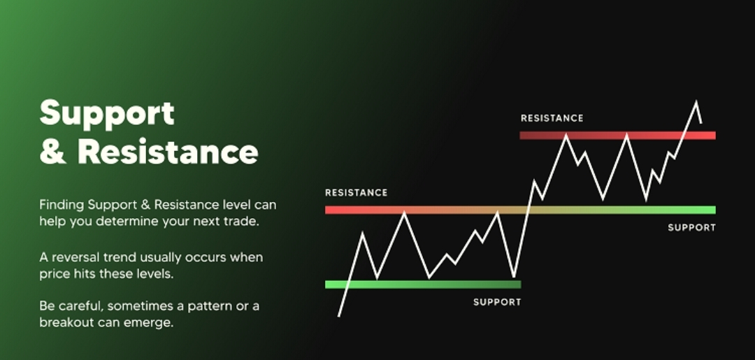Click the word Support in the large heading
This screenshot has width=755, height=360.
[107, 114]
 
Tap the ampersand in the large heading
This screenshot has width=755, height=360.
[52, 151]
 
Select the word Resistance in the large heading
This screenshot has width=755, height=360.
[168, 152]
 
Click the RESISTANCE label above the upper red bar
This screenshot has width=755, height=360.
[552, 118]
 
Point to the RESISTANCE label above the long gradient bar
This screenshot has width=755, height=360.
[357, 192]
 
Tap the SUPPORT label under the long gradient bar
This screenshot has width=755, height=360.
[692, 228]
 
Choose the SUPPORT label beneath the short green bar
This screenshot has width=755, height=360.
[497, 302]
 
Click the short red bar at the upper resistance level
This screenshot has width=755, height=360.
[618, 135]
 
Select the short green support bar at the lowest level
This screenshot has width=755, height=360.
[423, 285]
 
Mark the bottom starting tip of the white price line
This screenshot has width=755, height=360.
[339, 316]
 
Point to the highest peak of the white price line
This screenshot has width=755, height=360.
[696, 101]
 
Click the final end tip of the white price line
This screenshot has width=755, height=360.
[701, 123]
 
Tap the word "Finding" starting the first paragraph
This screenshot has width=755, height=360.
[62, 205]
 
